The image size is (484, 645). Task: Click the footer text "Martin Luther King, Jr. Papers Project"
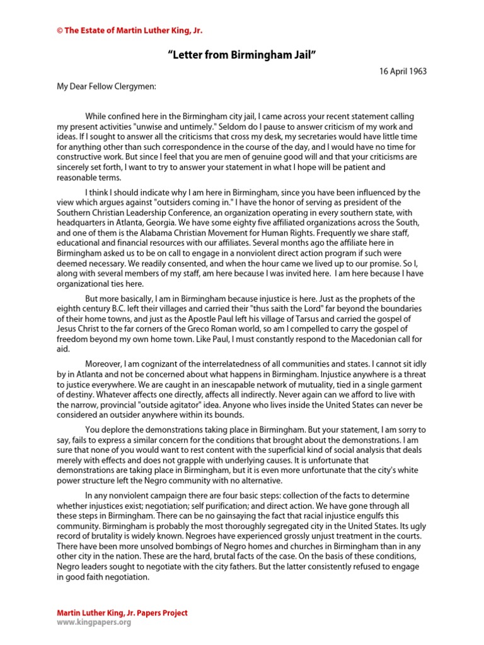(x=122, y=613)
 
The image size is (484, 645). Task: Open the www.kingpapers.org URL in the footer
(x=94, y=622)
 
